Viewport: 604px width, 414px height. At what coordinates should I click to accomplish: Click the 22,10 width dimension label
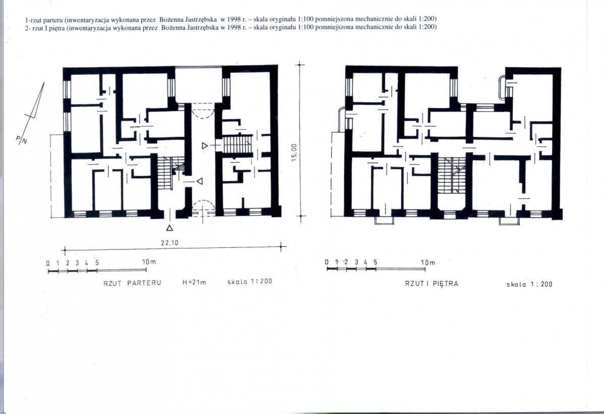point(169,243)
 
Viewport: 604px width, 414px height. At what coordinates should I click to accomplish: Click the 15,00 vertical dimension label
point(294,153)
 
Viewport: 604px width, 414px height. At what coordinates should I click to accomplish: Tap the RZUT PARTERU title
point(132,283)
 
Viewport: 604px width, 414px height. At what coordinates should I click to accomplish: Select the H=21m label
point(194,282)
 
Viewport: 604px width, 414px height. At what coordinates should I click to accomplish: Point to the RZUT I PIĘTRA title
point(432,284)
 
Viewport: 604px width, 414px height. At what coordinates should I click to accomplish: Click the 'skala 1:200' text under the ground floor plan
point(250,281)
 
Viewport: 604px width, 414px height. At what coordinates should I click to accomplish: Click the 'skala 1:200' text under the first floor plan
point(529,284)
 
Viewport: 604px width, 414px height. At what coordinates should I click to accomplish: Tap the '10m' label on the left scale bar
point(149,262)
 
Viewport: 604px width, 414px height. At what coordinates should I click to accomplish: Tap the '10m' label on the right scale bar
point(428,263)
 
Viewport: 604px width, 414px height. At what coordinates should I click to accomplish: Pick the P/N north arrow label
point(22,140)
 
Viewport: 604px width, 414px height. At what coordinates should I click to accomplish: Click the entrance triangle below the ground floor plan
point(169,228)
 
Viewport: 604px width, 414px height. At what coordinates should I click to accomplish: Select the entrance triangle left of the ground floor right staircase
point(205,146)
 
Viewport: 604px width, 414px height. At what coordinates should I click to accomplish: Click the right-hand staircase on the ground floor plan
point(237,144)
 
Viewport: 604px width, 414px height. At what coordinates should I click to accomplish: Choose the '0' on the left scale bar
point(48,263)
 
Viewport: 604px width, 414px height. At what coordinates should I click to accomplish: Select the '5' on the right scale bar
point(375,263)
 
